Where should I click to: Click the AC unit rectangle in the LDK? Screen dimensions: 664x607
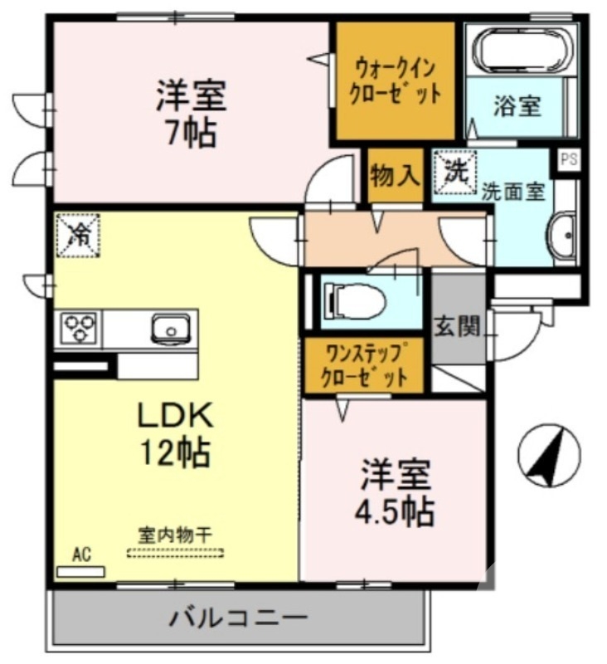pyautogui.click(x=80, y=571)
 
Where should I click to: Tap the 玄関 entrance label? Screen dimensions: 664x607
pyautogui.click(x=458, y=327)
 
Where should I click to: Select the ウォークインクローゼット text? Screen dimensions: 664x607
pyautogui.click(x=394, y=80)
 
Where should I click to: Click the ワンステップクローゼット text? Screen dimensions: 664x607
pyautogui.click(x=365, y=366)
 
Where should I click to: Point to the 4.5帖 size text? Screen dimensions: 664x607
pyautogui.click(x=396, y=511)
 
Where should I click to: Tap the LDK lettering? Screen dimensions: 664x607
pyautogui.click(x=176, y=415)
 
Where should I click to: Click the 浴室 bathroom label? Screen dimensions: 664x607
pyautogui.click(x=517, y=106)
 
